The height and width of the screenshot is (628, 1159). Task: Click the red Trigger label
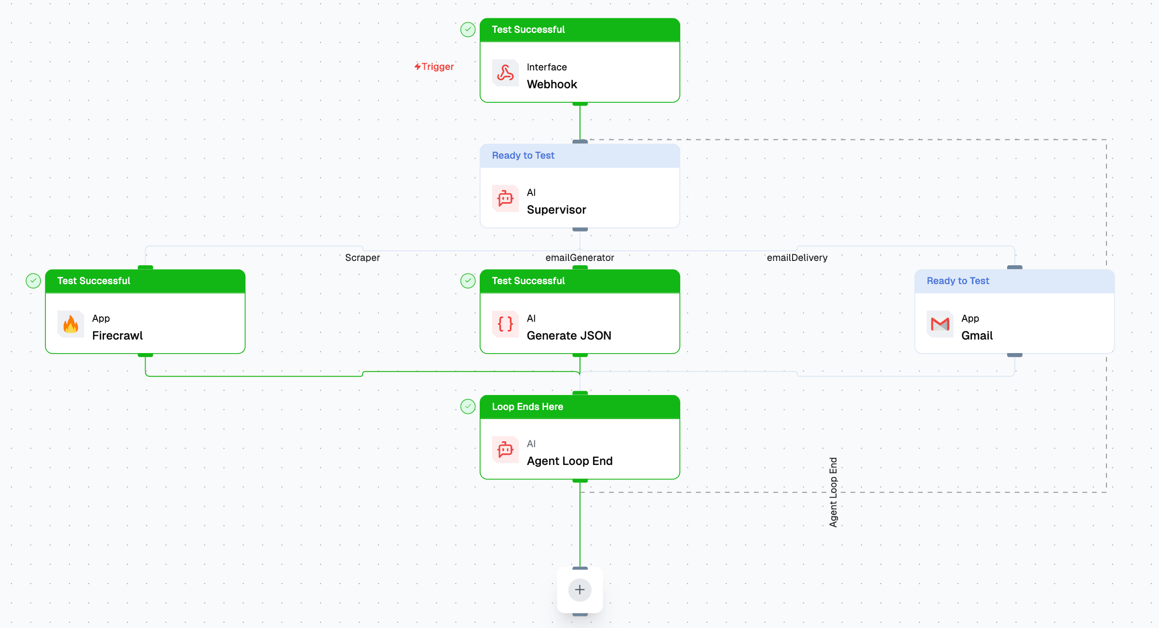434,67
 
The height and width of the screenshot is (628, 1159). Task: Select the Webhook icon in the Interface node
505,73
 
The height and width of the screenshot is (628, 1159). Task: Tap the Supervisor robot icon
505,199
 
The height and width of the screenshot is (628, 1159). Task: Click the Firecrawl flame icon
71,324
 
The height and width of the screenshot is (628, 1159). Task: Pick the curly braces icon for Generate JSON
505,324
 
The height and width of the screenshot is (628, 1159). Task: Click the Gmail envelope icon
940,324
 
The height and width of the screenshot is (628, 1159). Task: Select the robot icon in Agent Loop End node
505,450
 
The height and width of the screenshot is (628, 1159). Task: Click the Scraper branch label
363,258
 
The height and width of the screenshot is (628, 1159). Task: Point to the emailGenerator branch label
579,258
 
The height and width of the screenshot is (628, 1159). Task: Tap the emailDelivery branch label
797,258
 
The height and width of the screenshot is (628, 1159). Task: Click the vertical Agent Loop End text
833,492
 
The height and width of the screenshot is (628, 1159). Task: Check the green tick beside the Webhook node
468,29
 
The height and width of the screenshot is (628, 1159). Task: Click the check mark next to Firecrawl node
33,281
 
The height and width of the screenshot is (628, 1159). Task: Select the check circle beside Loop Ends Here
468,407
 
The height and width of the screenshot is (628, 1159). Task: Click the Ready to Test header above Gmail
957,281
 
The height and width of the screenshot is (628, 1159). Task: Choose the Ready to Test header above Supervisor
523,155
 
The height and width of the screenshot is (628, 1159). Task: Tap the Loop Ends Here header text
527,407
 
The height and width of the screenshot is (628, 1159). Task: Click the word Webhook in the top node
552,84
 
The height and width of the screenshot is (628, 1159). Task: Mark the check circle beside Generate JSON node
468,281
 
